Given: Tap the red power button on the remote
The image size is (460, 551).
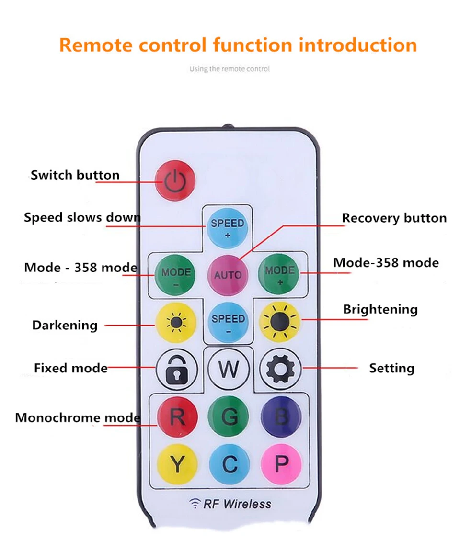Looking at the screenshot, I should pyautogui.click(x=176, y=180).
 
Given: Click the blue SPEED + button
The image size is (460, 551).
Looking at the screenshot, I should pyautogui.click(x=228, y=228).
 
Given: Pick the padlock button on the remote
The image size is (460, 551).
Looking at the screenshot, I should pyautogui.click(x=176, y=369).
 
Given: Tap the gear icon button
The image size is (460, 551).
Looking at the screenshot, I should pyautogui.click(x=280, y=369).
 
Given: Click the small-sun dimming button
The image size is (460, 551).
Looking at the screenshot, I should pyautogui.click(x=175, y=323).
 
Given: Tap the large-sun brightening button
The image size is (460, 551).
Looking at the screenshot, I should pyautogui.click(x=280, y=322).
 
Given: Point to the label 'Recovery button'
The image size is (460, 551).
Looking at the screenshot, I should pyautogui.click(x=394, y=218).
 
